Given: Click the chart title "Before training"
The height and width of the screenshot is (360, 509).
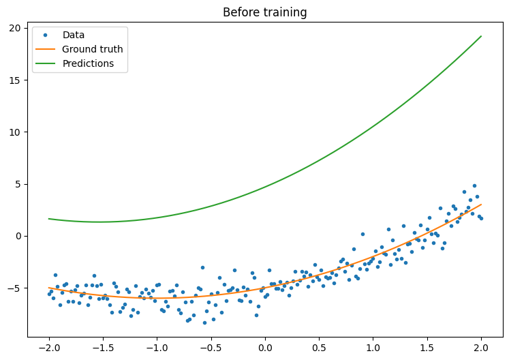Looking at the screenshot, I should [x=265, y=12].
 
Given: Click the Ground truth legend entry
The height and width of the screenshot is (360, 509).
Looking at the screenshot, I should [x=92, y=49].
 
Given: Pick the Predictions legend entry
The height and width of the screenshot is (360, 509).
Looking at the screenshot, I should [x=88, y=63].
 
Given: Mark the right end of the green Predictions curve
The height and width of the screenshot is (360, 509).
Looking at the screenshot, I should [x=481, y=36].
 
